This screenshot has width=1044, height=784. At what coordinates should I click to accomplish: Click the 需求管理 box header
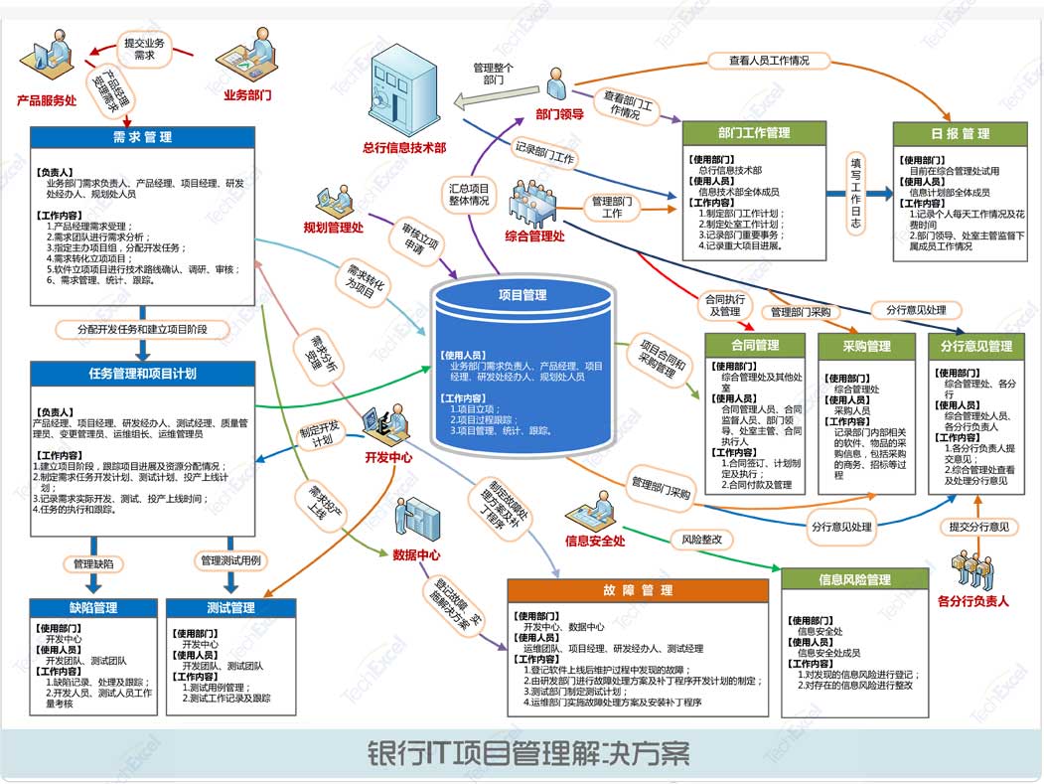coord(141,137)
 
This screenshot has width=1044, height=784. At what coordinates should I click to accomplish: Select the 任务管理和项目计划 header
coord(143,374)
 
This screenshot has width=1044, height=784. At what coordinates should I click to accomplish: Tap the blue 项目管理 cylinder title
coord(522,295)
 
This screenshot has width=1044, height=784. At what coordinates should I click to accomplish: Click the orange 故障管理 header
coord(638,590)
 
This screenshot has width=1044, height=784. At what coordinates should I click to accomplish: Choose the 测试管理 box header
coord(230,607)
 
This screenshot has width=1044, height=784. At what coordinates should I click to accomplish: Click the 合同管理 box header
coord(754,347)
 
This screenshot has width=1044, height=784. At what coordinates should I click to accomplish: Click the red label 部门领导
coord(559,114)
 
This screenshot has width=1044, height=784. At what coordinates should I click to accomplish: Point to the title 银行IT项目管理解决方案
coord(528,753)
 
